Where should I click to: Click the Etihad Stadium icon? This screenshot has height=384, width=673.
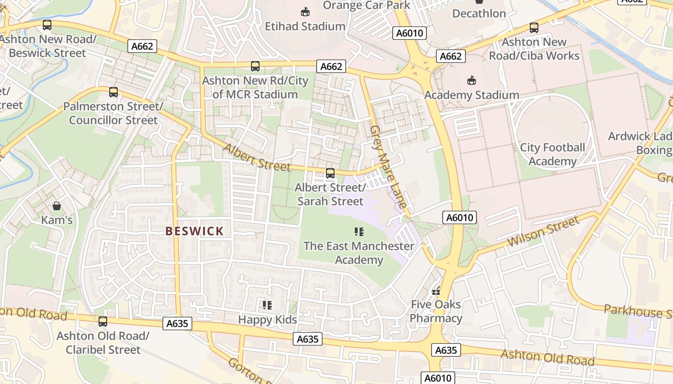(x=305, y=12)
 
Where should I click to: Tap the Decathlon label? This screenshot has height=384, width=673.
(x=479, y=13)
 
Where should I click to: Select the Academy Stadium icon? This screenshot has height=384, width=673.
(x=471, y=80)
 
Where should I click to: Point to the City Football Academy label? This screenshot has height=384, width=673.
(x=552, y=154)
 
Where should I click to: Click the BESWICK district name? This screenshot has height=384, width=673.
(x=195, y=231)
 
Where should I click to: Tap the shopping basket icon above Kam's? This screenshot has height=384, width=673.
(x=57, y=206)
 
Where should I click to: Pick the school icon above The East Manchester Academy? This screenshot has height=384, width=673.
(x=359, y=232)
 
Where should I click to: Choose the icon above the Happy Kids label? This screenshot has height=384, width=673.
(x=267, y=305)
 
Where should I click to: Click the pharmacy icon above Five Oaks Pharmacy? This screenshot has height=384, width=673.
(x=436, y=290)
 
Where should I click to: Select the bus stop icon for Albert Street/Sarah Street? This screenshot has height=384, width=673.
(x=330, y=173)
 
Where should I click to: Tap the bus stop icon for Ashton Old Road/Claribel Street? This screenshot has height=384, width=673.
(x=103, y=322)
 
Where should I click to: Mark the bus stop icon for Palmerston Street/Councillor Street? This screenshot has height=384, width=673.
(x=113, y=92)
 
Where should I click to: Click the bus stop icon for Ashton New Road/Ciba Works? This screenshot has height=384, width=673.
(x=534, y=28)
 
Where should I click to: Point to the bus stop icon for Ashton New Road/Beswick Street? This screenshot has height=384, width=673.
(x=47, y=25)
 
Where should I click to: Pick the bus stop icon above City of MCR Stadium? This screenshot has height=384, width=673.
(x=255, y=66)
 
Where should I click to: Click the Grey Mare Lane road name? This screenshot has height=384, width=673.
(x=388, y=166)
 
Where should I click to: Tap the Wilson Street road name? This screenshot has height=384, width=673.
(x=543, y=232)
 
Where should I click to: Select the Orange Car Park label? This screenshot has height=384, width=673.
(x=366, y=5)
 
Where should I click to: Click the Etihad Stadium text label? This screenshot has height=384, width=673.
(x=305, y=26)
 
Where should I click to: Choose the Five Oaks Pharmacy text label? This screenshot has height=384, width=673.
(x=436, y=311)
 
